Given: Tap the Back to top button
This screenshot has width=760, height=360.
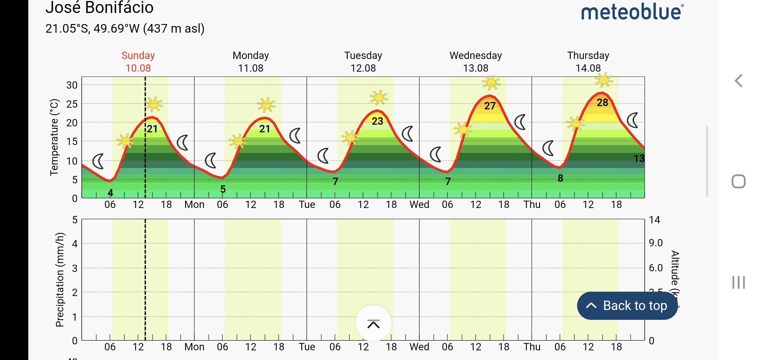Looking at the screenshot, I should [x=627, y=306].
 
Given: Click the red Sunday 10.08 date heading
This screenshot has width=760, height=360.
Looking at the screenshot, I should [x=138, y=62].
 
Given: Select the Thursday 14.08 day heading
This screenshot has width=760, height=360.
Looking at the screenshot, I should [x=588, y=62].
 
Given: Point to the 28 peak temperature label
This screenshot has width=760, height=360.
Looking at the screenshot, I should [x=602, y=103].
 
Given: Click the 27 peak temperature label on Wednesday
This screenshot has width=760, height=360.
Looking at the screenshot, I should [x=490, y=106].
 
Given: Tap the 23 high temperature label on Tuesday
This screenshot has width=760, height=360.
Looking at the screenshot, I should [x=377, y=121].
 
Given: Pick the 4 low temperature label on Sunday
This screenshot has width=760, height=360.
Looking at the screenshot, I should [x=110, y=193].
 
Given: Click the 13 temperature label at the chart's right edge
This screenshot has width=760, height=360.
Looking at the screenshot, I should [x=639, y=158].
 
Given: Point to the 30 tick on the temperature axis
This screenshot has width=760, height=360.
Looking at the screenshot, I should [x=72, y=85].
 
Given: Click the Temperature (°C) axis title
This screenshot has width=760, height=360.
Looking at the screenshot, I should [x=54, y=137].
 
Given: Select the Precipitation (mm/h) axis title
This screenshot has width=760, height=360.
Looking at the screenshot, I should [x=60, y=280].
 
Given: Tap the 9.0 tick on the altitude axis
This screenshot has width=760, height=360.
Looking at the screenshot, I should [x=656, y=243].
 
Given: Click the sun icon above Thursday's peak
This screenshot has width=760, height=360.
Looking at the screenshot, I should [x=603, y=80].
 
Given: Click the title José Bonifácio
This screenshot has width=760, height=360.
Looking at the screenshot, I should [x=99, y=8].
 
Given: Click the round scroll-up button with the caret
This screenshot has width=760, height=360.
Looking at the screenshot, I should [x=373, y=324].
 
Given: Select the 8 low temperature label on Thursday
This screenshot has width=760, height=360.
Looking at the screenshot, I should [x=560, y=178].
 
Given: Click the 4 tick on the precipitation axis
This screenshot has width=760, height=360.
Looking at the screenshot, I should [x=75, y=244].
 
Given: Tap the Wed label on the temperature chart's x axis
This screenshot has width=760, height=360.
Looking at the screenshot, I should [x=419, y=204].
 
